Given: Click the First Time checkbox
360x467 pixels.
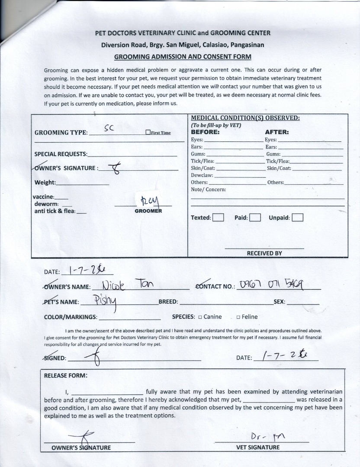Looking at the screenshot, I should [x=148, y=132].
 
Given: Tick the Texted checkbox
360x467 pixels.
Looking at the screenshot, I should [x=218, y=218].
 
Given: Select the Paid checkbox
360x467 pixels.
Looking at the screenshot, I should [x=255, y=218].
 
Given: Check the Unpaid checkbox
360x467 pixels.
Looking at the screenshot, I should [x=297, y=218].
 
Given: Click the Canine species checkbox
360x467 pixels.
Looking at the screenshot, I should [x=200, y=317].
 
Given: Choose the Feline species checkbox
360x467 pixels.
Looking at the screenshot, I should [x=238, y=317].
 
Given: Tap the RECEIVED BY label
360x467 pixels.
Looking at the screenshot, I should [x=264, y=253].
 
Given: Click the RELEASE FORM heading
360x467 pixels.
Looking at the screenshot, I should [x=65, y=375].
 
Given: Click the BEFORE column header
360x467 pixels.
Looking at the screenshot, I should [x=205, y=132].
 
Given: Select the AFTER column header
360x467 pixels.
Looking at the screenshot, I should [x=276, y=132].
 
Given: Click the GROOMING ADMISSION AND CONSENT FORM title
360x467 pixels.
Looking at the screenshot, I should [x=182, y=57].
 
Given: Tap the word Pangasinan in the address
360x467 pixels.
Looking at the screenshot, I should [x=247, y=45].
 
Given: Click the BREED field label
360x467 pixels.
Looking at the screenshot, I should [x=168, y=301].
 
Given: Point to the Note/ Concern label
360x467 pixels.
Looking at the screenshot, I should [x=208, y=189].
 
